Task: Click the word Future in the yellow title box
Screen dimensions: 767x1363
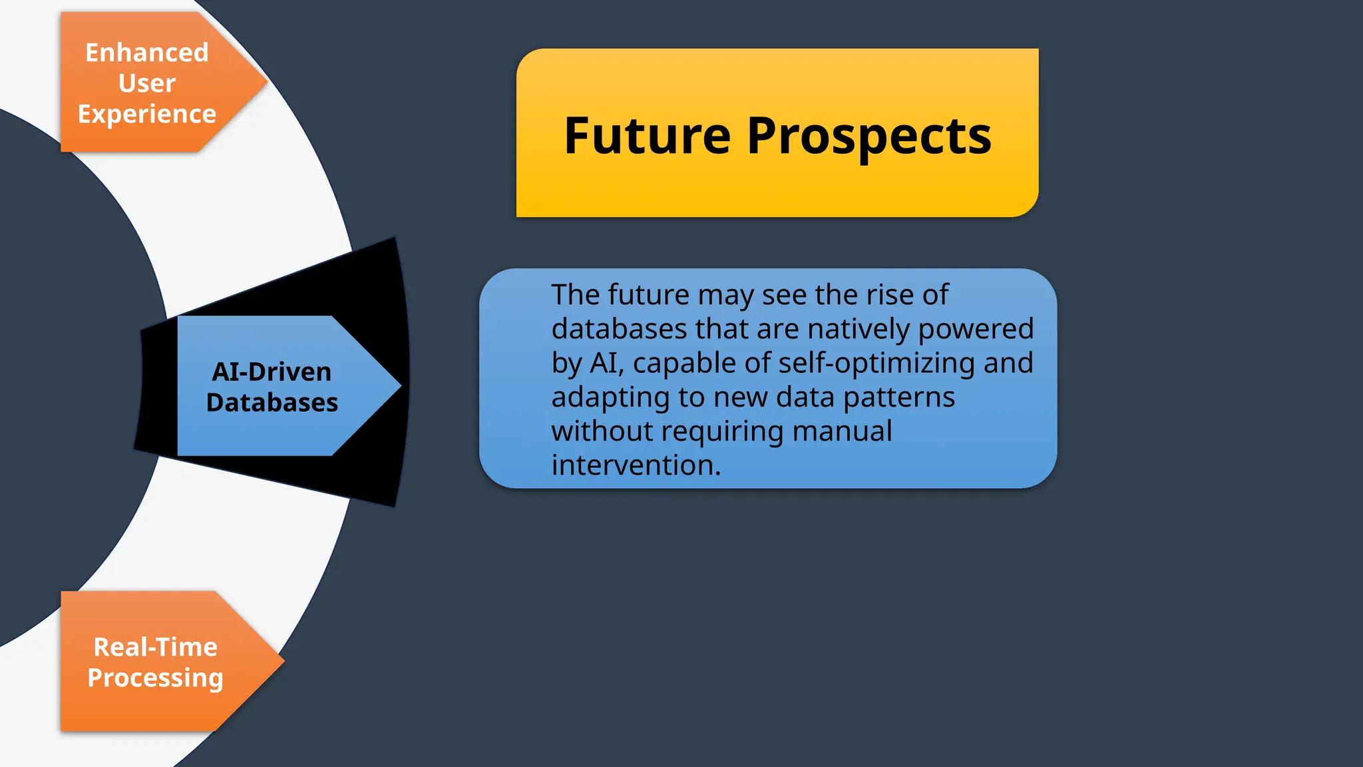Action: [647, 136]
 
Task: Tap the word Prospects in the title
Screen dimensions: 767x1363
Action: [869, 137]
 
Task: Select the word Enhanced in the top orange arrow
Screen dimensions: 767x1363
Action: [147, 53]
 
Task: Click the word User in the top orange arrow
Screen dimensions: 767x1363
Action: [147, 83]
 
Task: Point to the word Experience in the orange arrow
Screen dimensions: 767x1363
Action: [147, 115]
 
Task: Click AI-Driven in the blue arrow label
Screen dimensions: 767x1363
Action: [272, 372]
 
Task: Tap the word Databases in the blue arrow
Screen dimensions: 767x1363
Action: [272, 403]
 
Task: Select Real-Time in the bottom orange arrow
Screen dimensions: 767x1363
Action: [156, 647]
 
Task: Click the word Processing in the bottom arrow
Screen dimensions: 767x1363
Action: [156, 678]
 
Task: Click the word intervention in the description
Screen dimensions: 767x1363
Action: [636, 465]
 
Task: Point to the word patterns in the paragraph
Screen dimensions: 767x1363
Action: [899, 397]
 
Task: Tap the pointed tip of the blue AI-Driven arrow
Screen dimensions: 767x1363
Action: [400, 385]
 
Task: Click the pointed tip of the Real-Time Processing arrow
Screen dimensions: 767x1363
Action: [284, 661]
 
